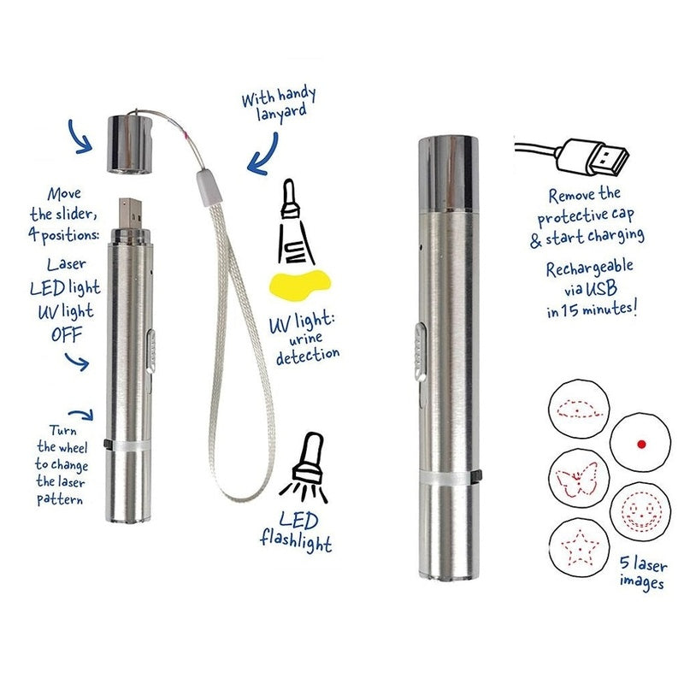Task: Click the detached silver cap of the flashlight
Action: coord(130,143)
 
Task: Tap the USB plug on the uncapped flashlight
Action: coord(130,214)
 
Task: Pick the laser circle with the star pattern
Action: coord(578,546)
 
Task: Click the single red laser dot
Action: coord(641,444)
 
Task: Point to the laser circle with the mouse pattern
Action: coord(579,410)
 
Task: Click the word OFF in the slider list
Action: coord(67,335)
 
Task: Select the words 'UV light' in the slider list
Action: coord(66,311)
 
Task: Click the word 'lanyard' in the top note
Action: coord(281,113)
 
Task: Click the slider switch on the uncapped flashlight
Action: coord(150,351)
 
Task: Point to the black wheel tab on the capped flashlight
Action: coord(479,476)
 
